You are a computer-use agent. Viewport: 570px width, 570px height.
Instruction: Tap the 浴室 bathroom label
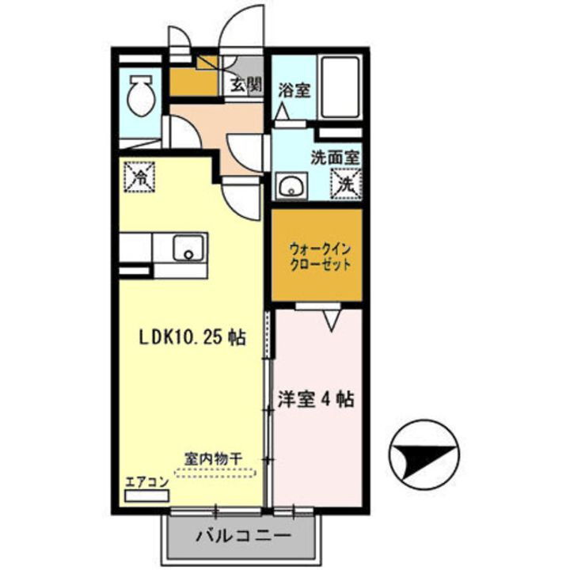[x=294, y=90]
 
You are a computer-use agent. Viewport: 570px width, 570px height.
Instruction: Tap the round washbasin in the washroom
[x=290, y=188]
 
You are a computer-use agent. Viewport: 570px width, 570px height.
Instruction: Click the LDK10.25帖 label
[x=189, y=338]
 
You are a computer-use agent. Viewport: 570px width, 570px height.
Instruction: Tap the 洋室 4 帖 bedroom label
[x=315, y=399]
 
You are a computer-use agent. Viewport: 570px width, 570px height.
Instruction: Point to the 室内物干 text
[x=213, y=458]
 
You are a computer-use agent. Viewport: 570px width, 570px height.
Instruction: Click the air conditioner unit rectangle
[x=147, y=496]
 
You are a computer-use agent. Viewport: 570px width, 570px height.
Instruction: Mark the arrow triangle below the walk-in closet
[x=332, y=319]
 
